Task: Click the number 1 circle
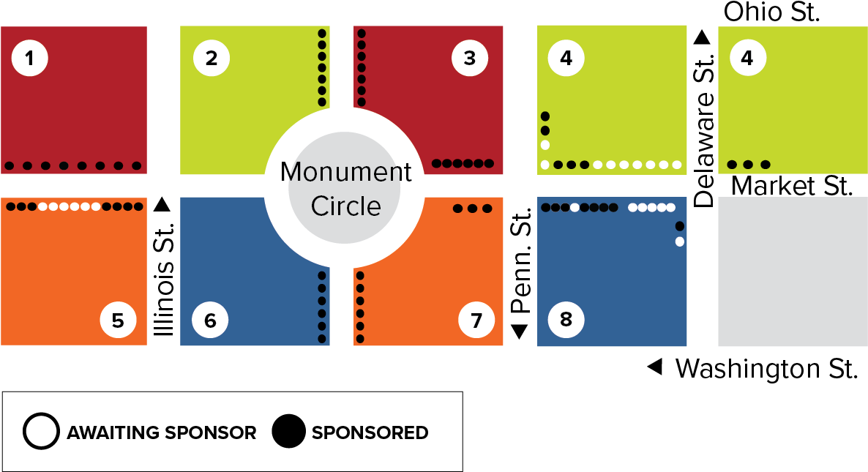[x=29, y=59]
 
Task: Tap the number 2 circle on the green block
[x=212, y=59]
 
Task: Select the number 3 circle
[x=470, y=59]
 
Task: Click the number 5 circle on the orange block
[x=118, y=320]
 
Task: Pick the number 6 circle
[x=210, y=321]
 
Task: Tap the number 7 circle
[x=476, y=321]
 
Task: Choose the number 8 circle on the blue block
[x=566, y=320]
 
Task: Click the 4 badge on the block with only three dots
[x=747, y=58]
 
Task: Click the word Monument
[x=345, y=173]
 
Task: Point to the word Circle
[x=345, y=206]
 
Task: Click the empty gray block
[x=793, y=271]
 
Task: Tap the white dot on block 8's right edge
[x=680, y=241]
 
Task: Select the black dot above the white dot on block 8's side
[x=680, y=226]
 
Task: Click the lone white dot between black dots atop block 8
[x=575, y=207]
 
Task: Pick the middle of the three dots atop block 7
[x=472, y=209]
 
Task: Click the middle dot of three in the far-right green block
[x=748, y=165]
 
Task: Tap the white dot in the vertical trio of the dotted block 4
[x=545, y=145]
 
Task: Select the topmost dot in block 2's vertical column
[x=322, y=33]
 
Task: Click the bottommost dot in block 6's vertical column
[x=322, y=339]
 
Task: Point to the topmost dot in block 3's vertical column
[x=362, y=33]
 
